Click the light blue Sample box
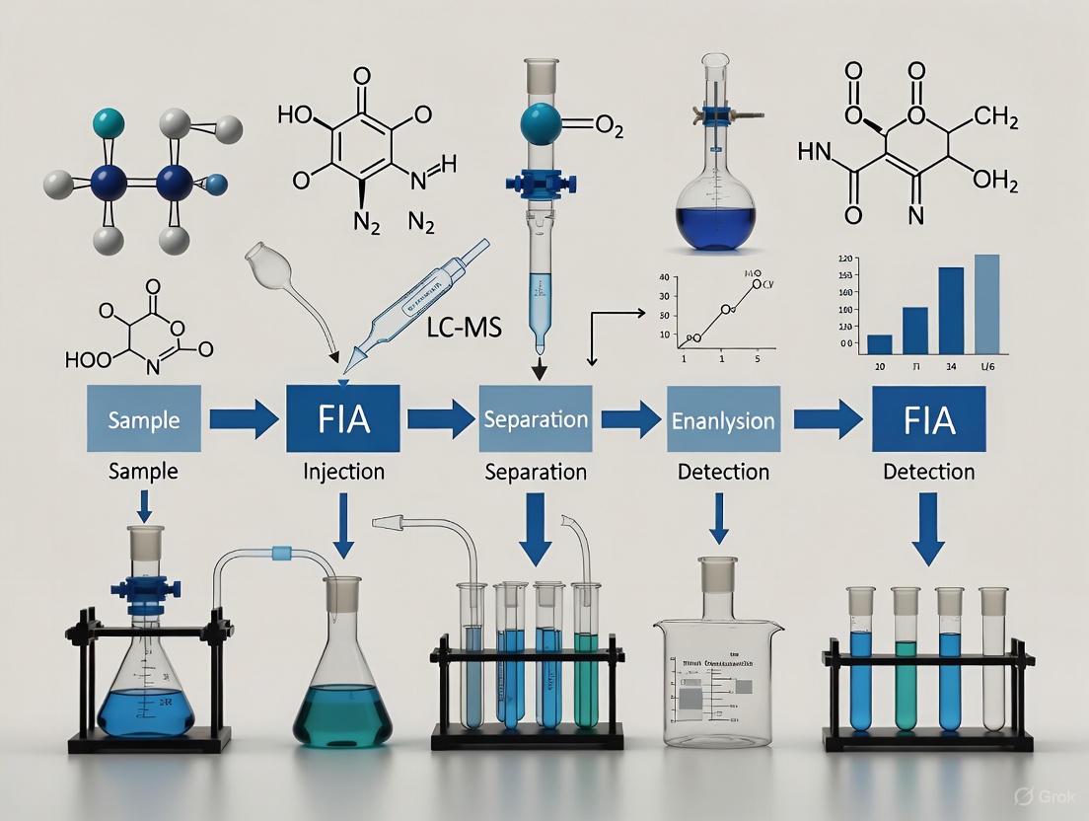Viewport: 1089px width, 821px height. coord(144,419)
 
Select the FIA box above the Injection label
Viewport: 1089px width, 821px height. coord(343,419)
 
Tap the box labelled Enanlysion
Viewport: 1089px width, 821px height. coord(723,419)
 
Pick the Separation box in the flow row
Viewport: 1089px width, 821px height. coord(536,419)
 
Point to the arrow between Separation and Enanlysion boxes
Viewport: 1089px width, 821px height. coord(630,419)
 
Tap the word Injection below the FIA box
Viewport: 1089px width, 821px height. coord(343,471)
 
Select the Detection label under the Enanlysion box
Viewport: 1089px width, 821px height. coord(723,471)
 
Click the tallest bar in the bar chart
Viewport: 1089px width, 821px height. coord(986,304)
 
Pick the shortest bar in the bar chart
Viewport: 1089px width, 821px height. coord(879,343)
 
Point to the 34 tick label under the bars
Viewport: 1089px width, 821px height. coord(950,368)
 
